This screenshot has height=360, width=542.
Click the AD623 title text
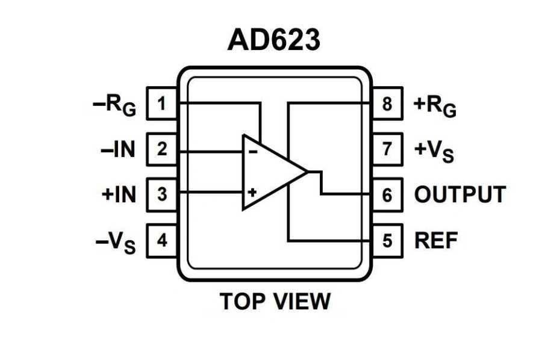(x=274, y=40)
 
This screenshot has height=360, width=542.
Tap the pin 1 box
(x=161, y=104)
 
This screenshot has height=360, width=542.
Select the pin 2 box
(x=161, y=149)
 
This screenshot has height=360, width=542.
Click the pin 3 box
(x=161, y=194)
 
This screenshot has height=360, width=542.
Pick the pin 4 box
(x=161, y=240)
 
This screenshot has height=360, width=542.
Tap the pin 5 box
(x=387, y=240)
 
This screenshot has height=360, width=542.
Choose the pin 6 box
(x=387, y=194)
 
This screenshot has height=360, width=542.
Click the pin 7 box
(x=387, y=149)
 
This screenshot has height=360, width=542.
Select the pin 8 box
(x=387, y=104)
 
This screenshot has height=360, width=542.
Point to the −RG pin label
(x=114, y=106)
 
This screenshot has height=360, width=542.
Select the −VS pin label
(x=116, y=242)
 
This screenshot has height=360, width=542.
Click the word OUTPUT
(x=459, y=194)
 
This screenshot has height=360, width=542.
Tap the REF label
(x=436, y=240)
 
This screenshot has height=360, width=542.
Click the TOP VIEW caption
(x=275, y=300)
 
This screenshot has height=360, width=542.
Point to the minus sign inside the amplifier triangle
(x=253, y=152)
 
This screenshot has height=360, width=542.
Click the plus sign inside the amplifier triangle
(x=252, y=193)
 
